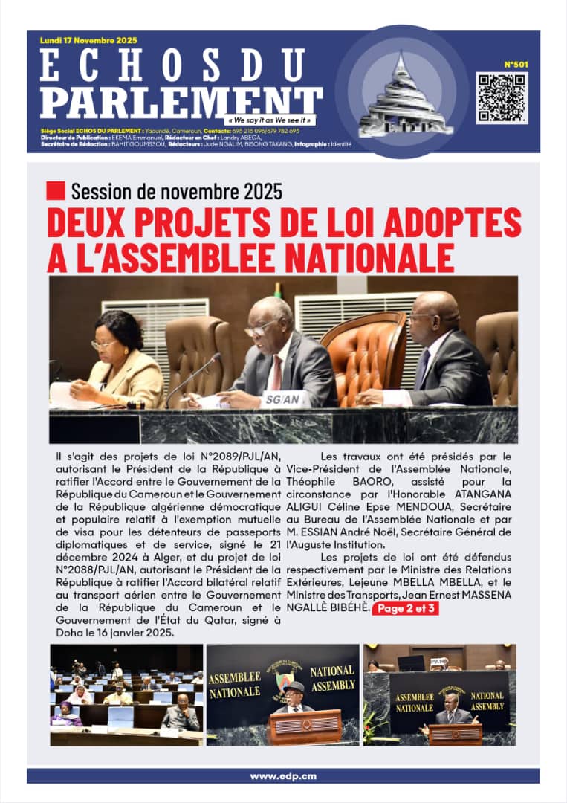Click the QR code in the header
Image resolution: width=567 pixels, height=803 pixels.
click(502, 97)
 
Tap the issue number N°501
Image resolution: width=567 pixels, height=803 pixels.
click(516, 65)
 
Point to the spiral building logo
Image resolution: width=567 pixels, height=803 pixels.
click(402, 92)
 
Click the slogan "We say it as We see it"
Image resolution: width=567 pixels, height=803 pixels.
click(270, 120)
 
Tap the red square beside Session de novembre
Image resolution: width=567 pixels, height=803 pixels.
click(56, 191)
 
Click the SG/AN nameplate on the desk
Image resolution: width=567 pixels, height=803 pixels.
click(282, 399)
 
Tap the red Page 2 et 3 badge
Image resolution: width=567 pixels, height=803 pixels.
click(407, 609)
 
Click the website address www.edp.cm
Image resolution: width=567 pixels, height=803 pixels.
click(283, 775)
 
